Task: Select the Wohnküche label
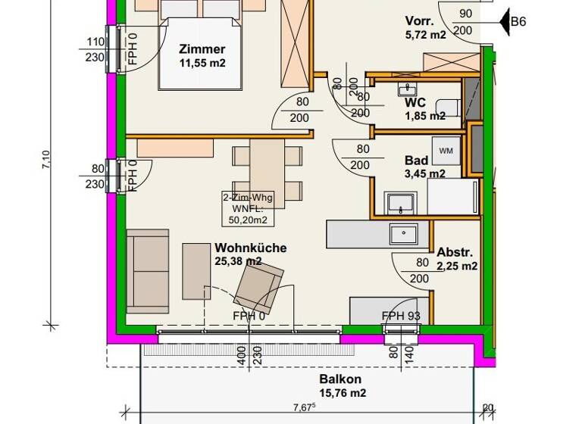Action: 246,248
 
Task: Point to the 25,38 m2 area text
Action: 238,261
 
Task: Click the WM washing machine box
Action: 446,151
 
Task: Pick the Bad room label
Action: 417,161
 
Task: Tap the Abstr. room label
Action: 455,253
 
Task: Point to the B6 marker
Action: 518,22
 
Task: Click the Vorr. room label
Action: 421,21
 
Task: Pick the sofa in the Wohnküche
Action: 148,270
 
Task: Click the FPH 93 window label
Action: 401,316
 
